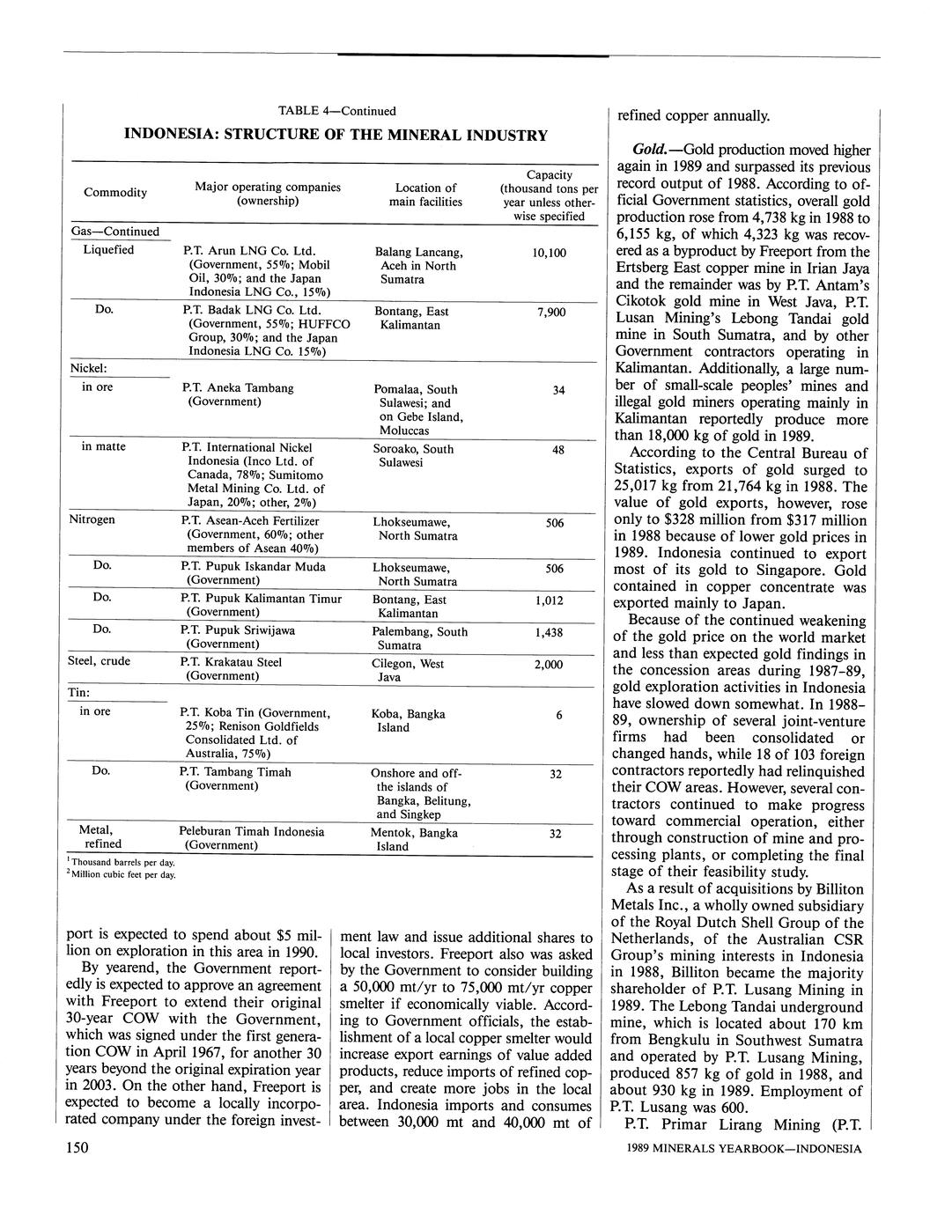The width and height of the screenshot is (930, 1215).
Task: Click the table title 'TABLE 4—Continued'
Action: point(336,111)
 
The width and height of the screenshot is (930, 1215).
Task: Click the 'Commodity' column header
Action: point(115,193)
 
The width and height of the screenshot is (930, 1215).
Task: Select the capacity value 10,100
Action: point(550,253)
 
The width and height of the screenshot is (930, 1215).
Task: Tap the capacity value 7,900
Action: point(551,313)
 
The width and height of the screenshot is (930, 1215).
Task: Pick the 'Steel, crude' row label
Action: point(100,661)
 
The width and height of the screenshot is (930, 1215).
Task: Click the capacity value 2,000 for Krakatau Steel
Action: point(548,665)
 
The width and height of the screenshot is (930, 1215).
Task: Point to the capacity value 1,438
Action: point(549,633)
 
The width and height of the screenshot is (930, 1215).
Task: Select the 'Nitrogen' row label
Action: point(92,519)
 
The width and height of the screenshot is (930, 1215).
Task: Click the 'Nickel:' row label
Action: point(88,367)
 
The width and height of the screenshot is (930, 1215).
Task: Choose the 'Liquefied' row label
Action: point(108,250)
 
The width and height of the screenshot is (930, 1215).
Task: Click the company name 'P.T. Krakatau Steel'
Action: point(231,662)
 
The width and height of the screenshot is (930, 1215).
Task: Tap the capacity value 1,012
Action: point(549,601)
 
